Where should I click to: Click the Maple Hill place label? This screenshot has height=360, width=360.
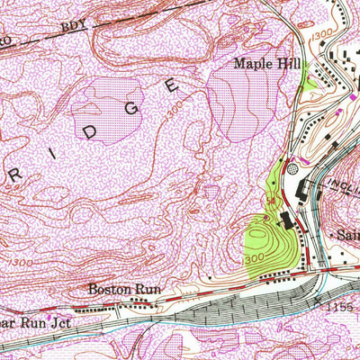coord(265,64)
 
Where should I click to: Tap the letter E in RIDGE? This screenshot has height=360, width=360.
coord(172,85)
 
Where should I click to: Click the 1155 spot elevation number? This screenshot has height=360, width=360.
coord(343,309)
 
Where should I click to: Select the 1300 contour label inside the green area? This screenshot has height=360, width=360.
coord(255,259)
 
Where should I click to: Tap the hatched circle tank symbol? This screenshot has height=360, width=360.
coord(290,168)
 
